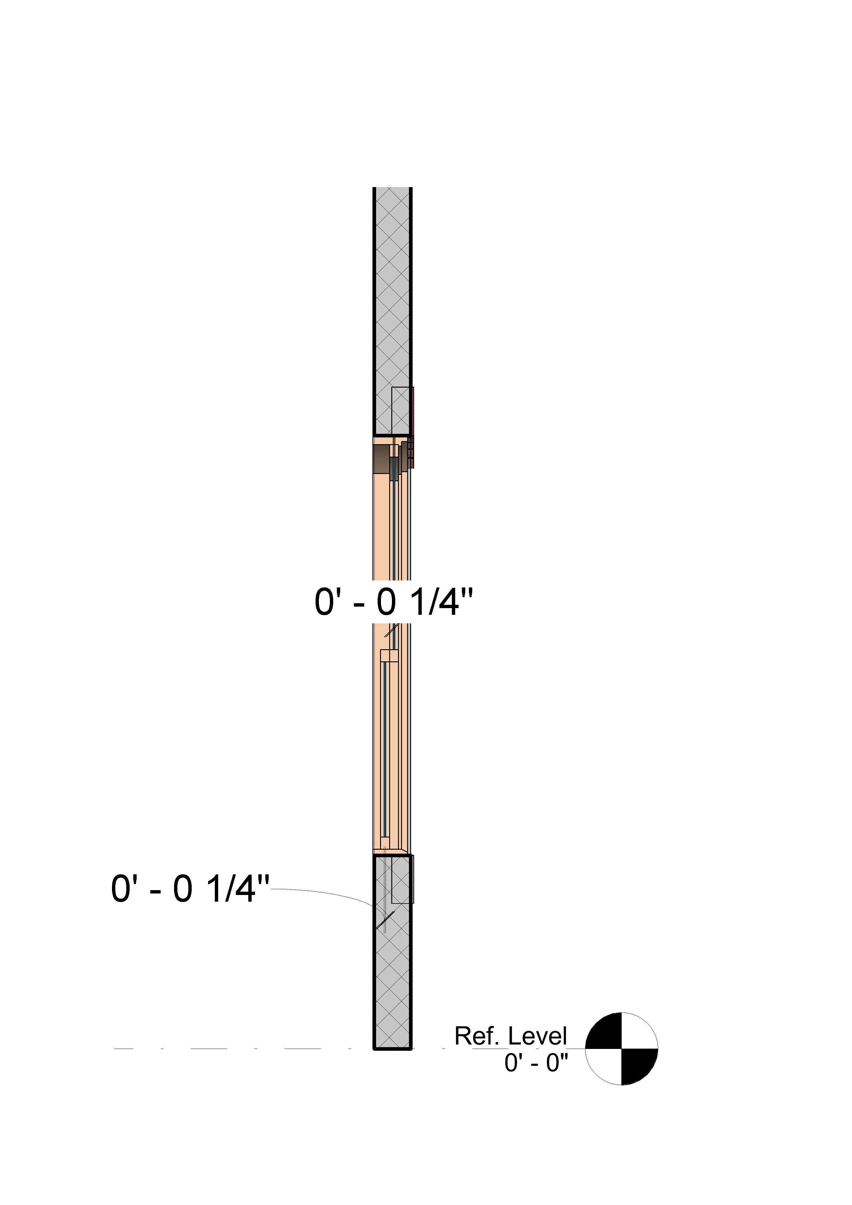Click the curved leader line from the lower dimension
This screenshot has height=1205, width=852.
coord(326,893)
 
